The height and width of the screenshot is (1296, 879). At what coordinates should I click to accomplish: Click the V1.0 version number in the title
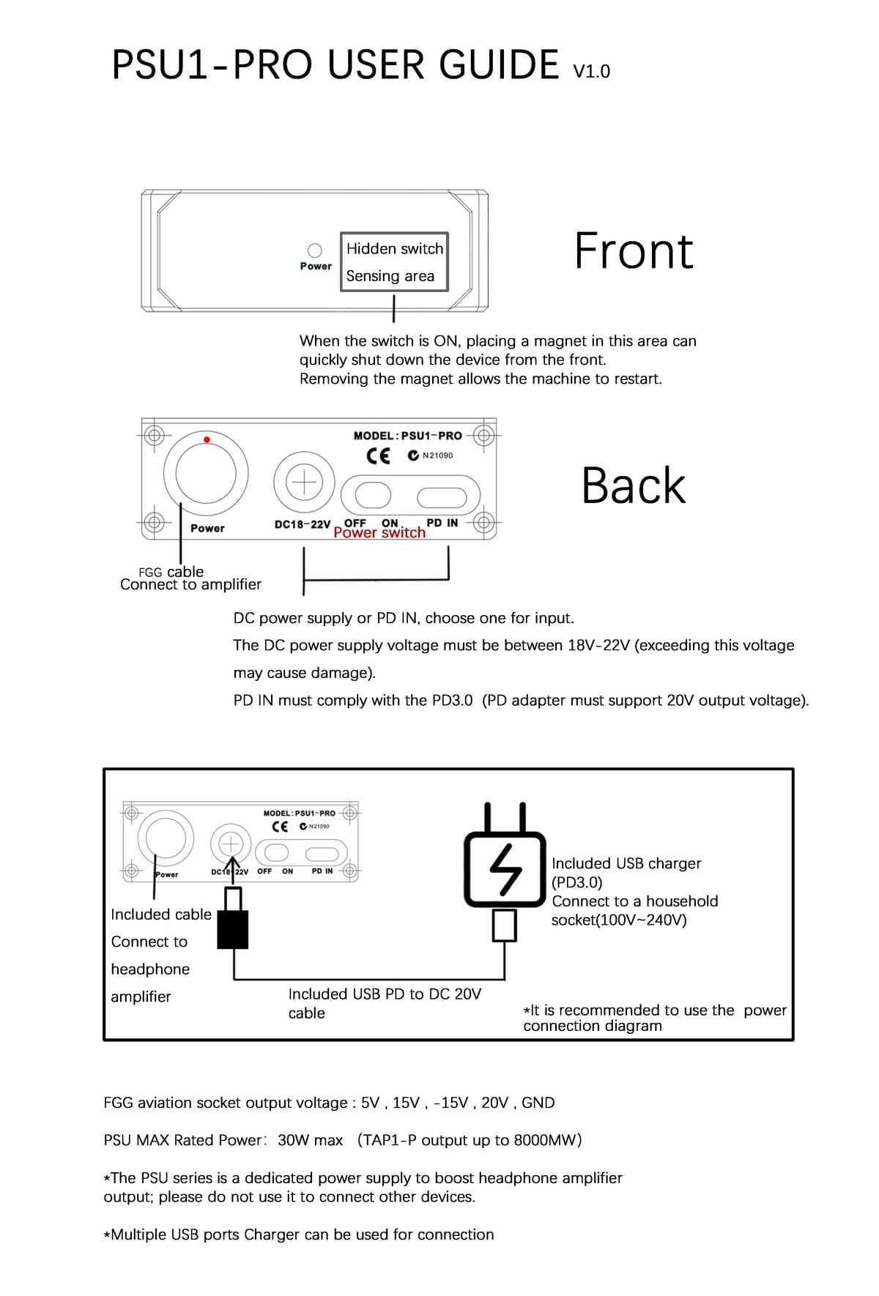point(592,72)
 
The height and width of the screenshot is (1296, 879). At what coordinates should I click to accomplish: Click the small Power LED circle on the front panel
point(315,251)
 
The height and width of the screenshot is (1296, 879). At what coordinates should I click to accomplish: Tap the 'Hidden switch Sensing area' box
point(394,262)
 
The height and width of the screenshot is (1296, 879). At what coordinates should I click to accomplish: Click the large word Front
point(633,251)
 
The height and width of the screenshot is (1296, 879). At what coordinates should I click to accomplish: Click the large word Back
point(633,485)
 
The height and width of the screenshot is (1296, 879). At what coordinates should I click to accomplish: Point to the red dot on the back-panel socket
point(207,440)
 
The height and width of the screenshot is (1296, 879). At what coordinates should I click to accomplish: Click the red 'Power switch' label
point(379,533)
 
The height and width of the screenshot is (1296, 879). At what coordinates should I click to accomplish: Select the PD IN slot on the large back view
point(442,497)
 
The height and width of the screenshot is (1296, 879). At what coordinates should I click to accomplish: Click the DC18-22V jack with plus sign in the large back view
point(304,483)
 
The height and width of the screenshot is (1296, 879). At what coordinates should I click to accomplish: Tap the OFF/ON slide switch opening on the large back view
point(373,496)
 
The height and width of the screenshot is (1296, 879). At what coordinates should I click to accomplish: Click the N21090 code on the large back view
point(437,455)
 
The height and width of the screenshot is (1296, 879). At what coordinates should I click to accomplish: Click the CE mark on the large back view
point(378,455)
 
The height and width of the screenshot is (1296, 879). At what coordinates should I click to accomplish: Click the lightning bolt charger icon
point(505,868)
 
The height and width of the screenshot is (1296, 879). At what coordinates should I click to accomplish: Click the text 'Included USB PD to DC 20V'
point(385,994)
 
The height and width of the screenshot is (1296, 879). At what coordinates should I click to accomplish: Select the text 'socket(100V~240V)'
point(619,920)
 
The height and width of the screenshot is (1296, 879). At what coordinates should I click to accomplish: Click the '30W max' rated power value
point(310,1140)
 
